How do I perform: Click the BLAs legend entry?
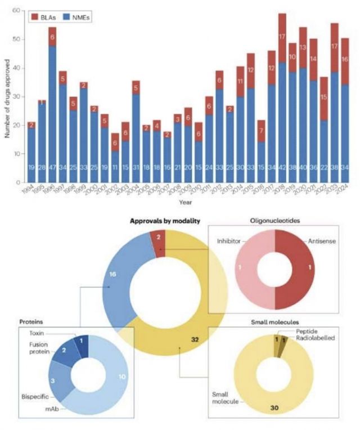pyautogui.click(x=46, y=17)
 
